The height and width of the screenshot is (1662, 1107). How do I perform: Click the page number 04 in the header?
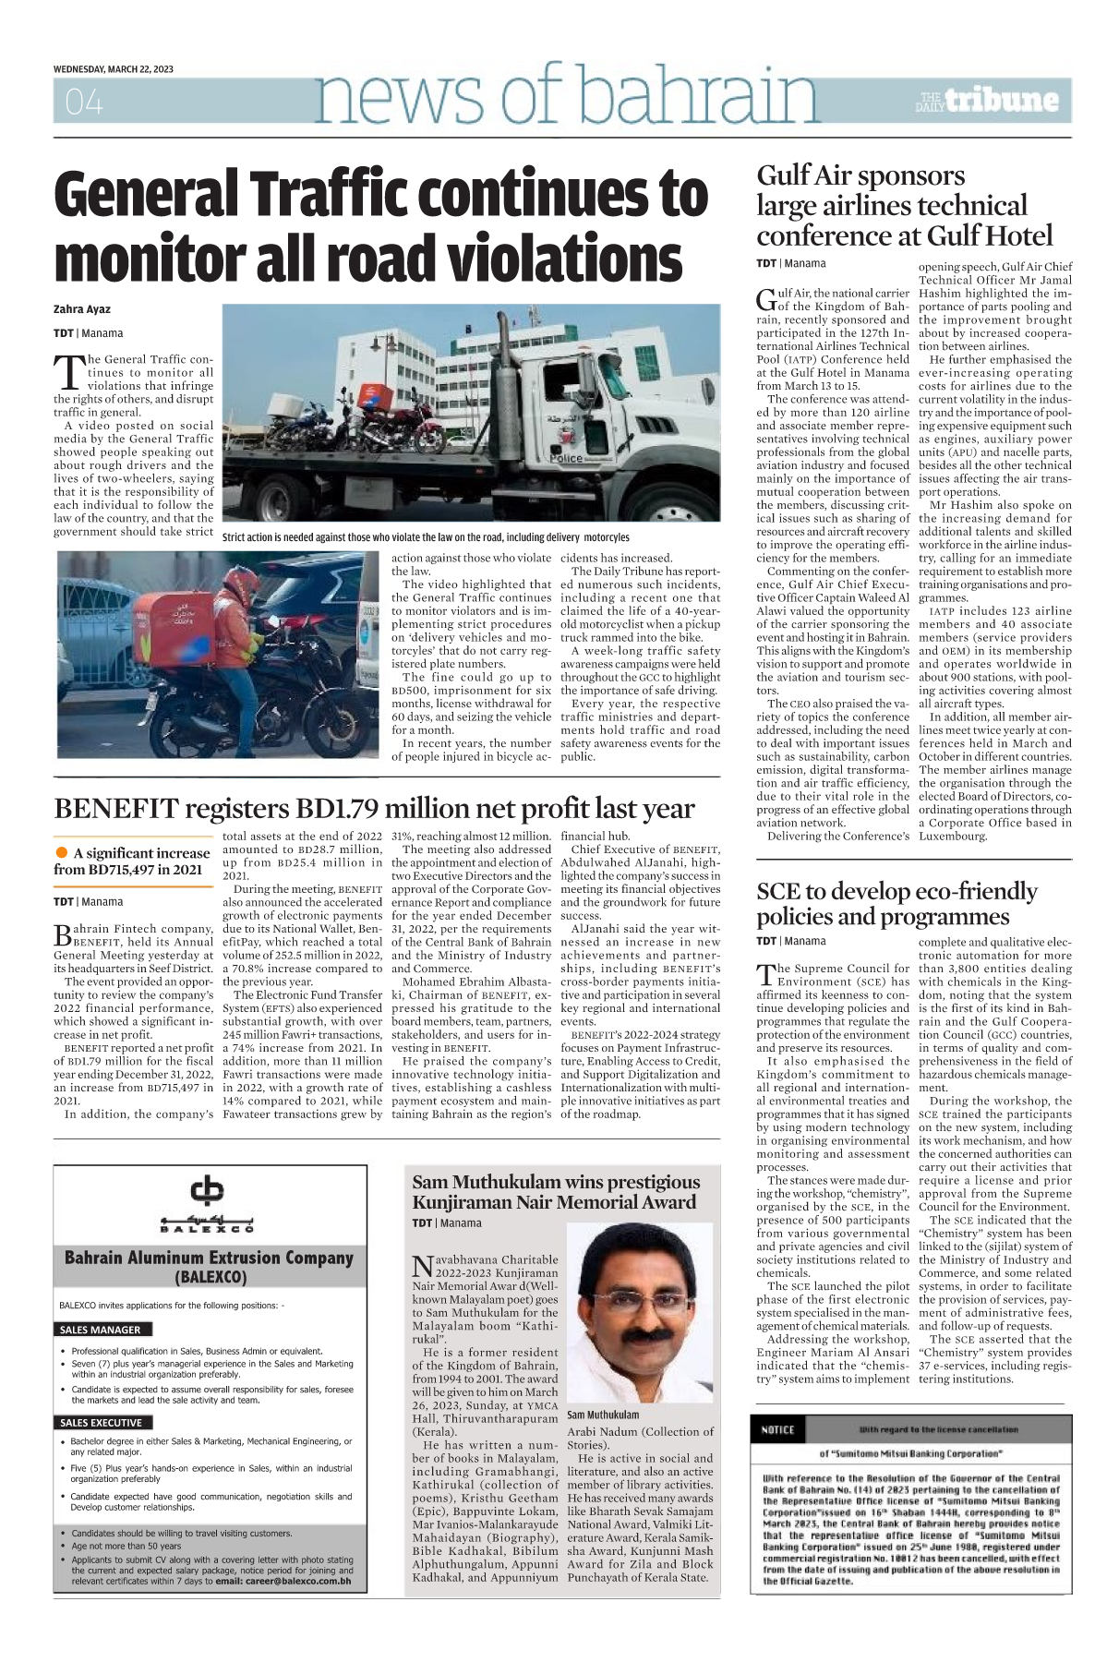pyautogui.click(x=84, y=102)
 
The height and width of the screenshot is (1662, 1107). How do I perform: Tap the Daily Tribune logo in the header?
pyautogui.click(x=987, y=101)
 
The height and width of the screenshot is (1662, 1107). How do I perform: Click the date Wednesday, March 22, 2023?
pyautogui.click(x=114, y=69)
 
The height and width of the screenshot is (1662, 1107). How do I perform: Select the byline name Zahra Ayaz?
pyautogui.click(x=82, y=309)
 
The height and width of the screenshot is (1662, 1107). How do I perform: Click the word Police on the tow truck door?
pyautogui.click(x=566, y=457)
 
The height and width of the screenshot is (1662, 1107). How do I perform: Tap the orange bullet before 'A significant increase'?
pyautogui.click(x=62, y=852)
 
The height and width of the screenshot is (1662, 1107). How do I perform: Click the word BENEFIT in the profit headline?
pyautogui.click(x=115, y=809)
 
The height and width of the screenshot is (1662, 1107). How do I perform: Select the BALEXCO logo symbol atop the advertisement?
pyautogui.click(x=207, y=1190)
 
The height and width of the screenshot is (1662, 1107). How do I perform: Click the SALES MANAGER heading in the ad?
pyautogui.click(x=101, y=1330)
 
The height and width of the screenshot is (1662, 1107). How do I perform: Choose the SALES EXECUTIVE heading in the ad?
pyautogui.click(x=102, y=1423)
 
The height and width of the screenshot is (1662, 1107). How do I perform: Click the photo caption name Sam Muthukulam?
pyautogui.click(x=603, y=1415)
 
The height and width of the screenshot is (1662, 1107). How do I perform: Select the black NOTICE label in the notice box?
pyautogui.click(x=777, y=1430)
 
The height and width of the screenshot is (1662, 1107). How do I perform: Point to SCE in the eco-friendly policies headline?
pyautogui.click(x=780, y=891)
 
